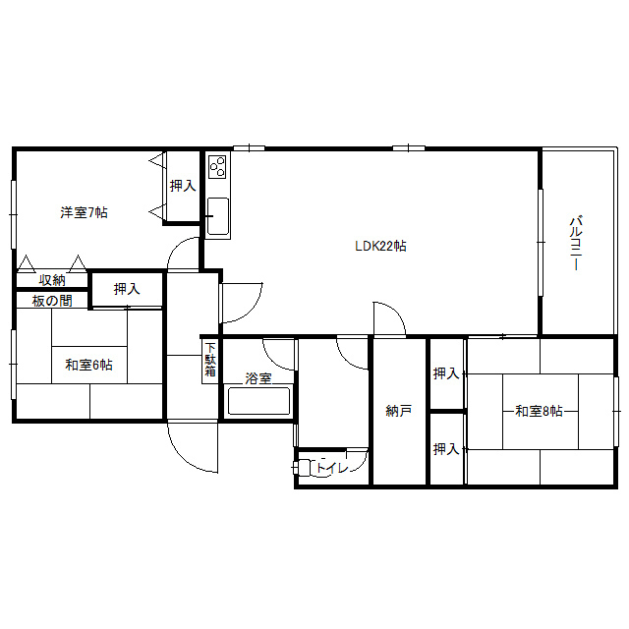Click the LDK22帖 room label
[x=380, y=246]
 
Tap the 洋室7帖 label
[x=84, y=212]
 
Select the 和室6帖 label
[x=88, y=365]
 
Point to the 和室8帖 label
[x=539, y=410]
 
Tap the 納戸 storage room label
[x=398, y=411]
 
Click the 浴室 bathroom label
[x=258, y=377]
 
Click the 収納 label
[x=52, y=280]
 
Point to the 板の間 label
[x=52, y=301]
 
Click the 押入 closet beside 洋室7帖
[x=182, y=185]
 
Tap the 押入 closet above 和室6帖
[x=126, y=289]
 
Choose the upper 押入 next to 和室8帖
[x=446, y=373]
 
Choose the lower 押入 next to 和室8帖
[x=446, y=449]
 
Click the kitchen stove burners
[x=217, y=165]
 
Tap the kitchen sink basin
[x=217, y=214]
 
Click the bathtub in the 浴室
[x=258, y=402]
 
